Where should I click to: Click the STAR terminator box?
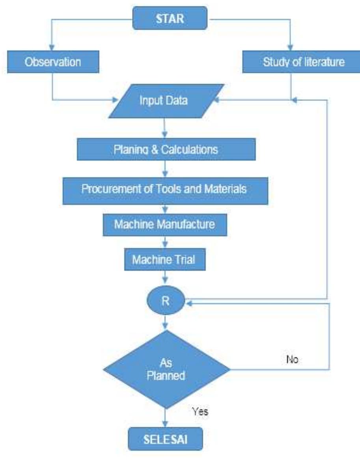tap(170, 18)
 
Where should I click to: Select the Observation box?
tap(53, 61)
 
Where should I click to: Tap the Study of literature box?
tap(301, 61)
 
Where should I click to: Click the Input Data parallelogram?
tap(166, 101)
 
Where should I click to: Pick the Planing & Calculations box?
tap(166, 149)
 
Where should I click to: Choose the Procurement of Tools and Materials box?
tap(166, 191)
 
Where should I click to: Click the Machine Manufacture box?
tap(165, 225)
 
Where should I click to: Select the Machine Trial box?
tap(165, 259)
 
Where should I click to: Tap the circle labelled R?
tap(166, 300)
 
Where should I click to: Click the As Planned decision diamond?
tap(166, 369)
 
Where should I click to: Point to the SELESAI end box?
tap(166, 439)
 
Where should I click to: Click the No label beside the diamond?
tap(292, 359)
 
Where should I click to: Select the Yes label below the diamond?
tap(200, 411)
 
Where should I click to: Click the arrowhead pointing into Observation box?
tap(52, 48)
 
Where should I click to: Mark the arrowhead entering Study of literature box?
tap(290, 48)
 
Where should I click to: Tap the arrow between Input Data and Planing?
tap(165, 128)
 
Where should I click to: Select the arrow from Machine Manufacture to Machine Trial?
tap(165, 242)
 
